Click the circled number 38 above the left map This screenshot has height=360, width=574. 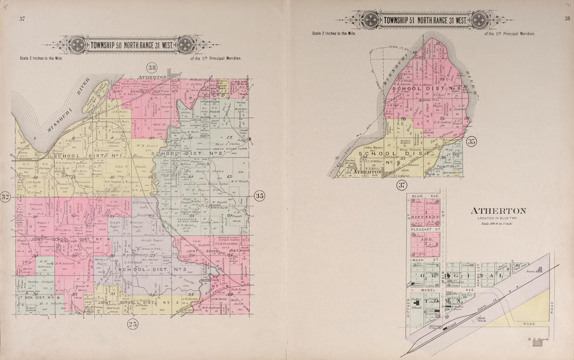point(152,68)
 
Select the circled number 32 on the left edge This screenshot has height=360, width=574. point(6,197)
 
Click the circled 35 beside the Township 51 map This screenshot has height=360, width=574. point(472,141)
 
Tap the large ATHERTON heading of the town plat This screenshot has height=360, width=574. point(498,211)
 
